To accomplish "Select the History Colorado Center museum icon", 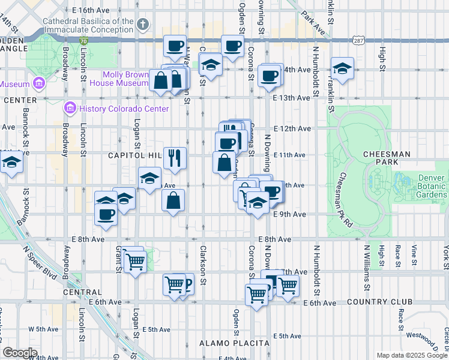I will click(x=70, y=109).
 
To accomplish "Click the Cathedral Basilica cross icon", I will click(x=142, y=25).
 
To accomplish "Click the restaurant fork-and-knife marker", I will click(x=175, y=158).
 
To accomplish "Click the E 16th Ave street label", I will click(x=91, y=10).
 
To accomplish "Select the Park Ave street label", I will click(x=313, y=23).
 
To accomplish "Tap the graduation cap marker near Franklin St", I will click(x=342, y=68).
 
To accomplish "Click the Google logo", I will click(x=20, y=352).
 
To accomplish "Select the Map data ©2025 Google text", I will click(x=411, y=355).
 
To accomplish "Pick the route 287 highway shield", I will click(x=358, y=41).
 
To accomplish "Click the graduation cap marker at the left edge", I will click(x=11, y=162).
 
